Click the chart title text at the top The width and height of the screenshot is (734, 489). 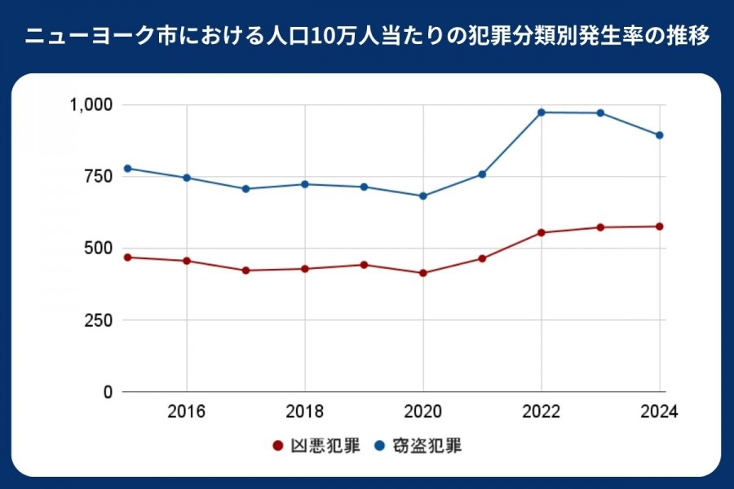[367, 37]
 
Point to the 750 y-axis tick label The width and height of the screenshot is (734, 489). [96, 177]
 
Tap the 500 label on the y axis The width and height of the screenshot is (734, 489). [96, 249]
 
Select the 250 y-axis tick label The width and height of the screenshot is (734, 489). [96, 320]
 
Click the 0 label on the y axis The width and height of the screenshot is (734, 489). [107, 392]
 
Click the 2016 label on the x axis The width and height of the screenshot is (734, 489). [187, 412]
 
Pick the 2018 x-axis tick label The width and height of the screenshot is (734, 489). [305, 412]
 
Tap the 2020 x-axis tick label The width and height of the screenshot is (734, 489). [423, 412]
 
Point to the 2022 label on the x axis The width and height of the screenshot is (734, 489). [542, 412]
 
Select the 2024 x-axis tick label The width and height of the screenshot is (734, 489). [658, 412]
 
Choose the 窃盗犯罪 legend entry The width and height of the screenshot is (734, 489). [418, 446]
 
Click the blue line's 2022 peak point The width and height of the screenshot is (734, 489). [542, 112]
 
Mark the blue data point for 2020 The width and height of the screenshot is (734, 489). [423, 196]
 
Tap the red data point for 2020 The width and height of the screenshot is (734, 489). [423, 273]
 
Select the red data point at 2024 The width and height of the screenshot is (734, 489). [659, 227]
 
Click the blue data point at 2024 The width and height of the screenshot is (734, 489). [659, 135]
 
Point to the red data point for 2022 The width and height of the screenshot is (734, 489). [542, 232]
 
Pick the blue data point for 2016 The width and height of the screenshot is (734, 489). [187, 178]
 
